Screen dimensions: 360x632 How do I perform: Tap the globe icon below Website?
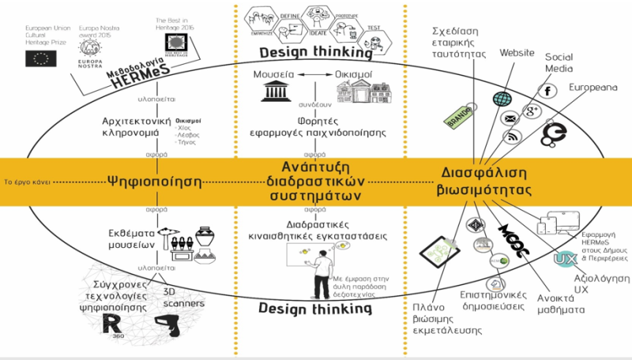(x=502, y=98)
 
